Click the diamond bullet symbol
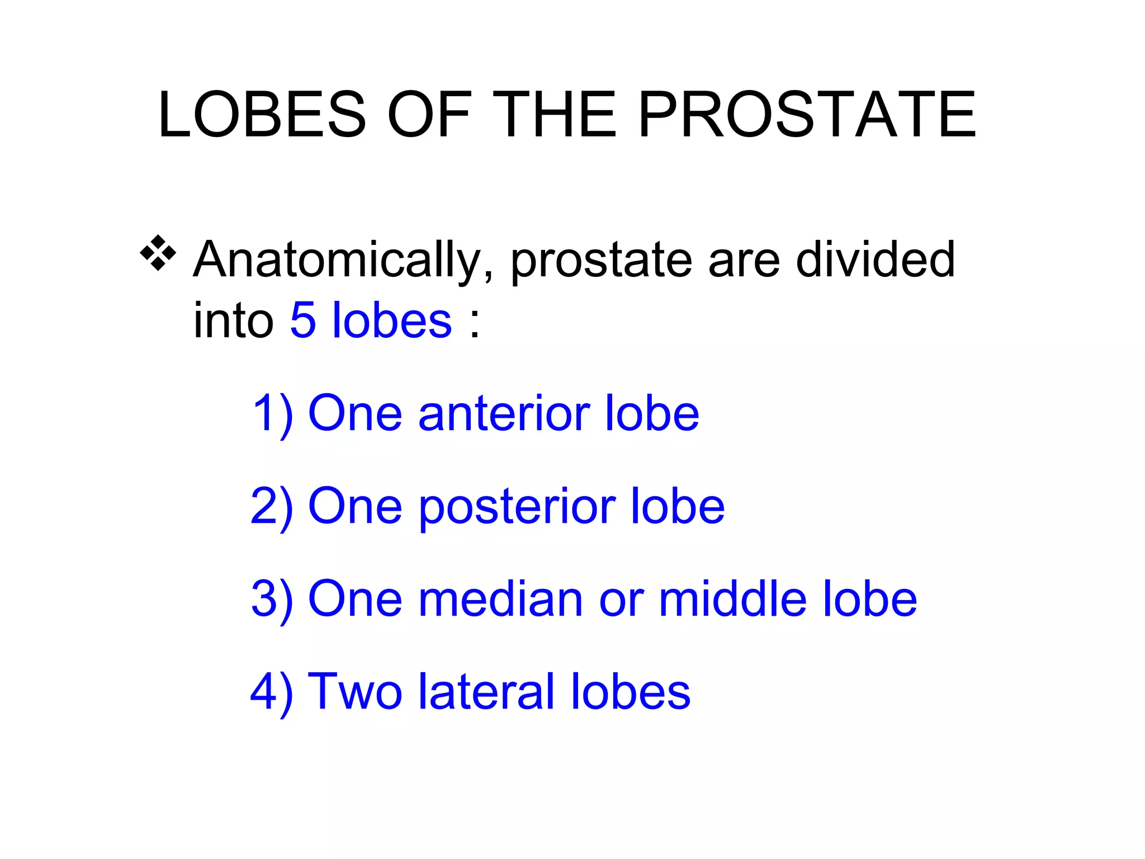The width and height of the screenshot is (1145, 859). (158, 253)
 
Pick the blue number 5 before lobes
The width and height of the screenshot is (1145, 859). (303, 320)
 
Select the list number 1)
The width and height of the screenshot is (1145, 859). (273, 414)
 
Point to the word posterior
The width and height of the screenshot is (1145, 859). (517, 507)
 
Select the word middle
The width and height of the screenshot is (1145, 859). (732, 600)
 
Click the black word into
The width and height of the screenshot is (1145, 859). (233, 320)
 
